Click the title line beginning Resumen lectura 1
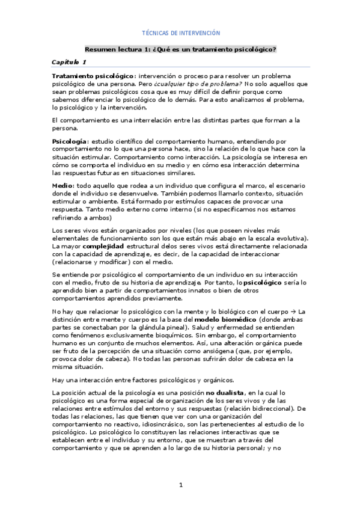pyautogui.click(x=180, y=49)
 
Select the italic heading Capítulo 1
pyautogui.click(x=69, y=62)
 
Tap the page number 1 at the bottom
pyautogui.click(x=180, y=485)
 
